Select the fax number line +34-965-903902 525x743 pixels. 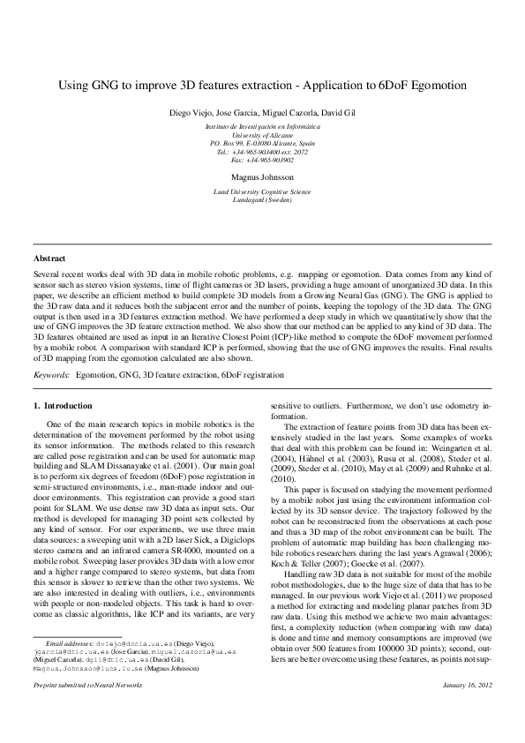point(262,160)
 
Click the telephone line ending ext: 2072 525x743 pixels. point(262,151)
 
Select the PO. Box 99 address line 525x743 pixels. point(262,143)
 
